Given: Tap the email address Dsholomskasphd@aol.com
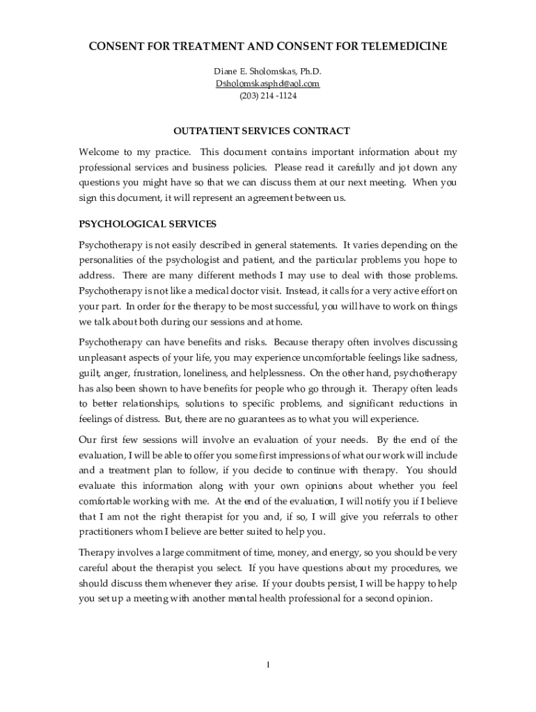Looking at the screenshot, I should [267, 83].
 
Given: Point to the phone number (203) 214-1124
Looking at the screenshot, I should [267, 95].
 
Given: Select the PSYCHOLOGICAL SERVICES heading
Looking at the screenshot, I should [148, 224].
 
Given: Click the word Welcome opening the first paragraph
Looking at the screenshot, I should [100, 152].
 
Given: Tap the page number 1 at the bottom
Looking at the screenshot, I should [268, 665].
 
